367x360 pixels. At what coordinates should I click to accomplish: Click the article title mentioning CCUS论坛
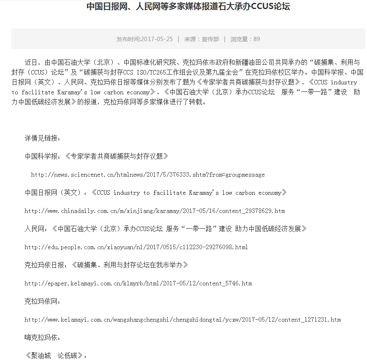(x=188, y=7)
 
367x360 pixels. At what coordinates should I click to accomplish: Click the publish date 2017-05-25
(x=144, y=39)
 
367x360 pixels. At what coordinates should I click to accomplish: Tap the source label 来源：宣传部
(x=202, y=39)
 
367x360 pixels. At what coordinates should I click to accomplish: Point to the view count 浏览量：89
(x=245, y=39)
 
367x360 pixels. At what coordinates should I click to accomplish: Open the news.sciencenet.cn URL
(x=148, y=175)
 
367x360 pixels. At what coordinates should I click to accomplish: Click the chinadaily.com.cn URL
(x=154, y=211)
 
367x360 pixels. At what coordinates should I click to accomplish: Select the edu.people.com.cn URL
(x=136, y=247)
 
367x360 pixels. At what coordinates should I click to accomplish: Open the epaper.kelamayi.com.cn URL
(x=138, y=283)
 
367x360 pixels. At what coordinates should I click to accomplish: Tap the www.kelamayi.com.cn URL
(x=182, y=320)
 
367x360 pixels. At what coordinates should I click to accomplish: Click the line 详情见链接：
(x=42, y=138)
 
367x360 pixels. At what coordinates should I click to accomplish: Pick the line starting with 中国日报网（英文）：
(x=156, y=193)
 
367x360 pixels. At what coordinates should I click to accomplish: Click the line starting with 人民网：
(x=165, y=229)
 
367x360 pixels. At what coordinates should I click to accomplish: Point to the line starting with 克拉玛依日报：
(x=106, y=265)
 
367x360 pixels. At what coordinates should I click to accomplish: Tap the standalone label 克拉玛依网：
(x=42, y=302)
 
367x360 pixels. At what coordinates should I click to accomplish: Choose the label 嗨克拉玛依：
(x=42, y=338)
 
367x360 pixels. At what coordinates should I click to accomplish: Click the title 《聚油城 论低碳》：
(x=56, y=355)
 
